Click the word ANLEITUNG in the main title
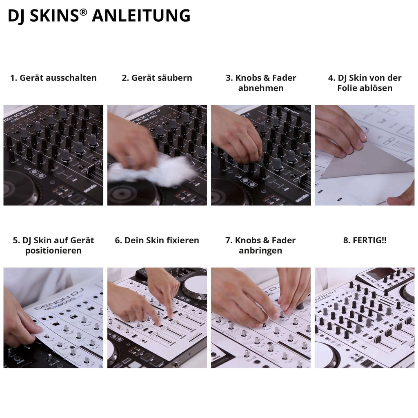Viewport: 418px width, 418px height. (141, 16)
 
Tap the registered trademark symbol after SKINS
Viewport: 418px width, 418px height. (83, 12)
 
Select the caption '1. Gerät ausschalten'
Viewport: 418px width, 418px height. (53, 78)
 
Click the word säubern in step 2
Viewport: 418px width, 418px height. (175, 78)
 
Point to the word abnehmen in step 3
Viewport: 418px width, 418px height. (261, 88)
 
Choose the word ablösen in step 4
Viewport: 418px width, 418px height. (378, 88)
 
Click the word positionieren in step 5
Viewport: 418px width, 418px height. (53, 251)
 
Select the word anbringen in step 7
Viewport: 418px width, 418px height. (260, 251)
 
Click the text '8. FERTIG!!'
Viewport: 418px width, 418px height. (365, 240)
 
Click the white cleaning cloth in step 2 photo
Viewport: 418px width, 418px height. (152, 171)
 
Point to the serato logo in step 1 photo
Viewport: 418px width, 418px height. (90, 188)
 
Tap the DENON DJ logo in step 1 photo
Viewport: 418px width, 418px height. (20, 115)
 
